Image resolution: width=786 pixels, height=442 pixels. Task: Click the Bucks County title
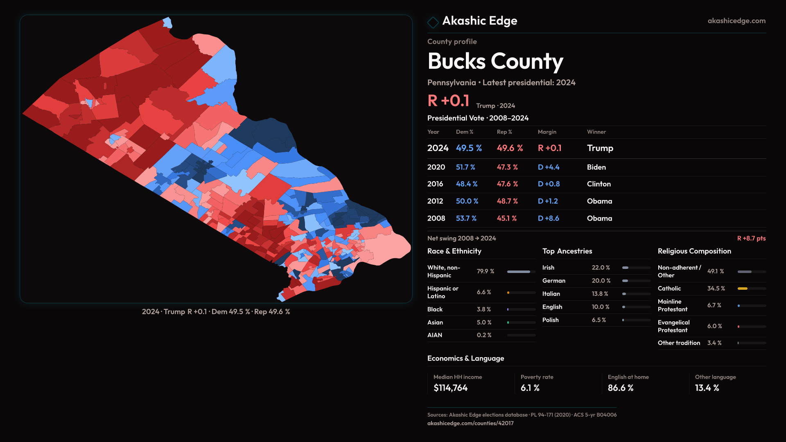pos(495,61)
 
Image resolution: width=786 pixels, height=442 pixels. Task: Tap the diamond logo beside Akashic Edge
pos(433,22)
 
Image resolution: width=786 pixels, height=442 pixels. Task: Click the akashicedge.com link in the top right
pos(736,21)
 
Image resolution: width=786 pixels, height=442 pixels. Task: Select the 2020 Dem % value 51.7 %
pos(465,167)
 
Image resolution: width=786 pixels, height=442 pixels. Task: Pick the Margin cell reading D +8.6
pos(548,218)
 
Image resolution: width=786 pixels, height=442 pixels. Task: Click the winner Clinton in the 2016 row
pos(599,184)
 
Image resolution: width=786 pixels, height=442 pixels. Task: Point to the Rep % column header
pos(504,132)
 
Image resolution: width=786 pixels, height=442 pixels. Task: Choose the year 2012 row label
pos(435,201)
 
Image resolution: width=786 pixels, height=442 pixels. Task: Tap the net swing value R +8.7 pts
pos(751,238)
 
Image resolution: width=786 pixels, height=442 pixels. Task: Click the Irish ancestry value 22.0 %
pos(601,267)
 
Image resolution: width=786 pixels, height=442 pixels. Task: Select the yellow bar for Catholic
pos(743,289)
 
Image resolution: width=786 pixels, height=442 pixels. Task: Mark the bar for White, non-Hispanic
pos(519,271)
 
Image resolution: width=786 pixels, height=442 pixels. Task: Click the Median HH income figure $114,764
pos(450,388)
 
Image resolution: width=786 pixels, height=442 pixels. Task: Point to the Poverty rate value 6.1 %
pos(530,388)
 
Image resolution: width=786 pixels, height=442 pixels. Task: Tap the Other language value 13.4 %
pos(707,388)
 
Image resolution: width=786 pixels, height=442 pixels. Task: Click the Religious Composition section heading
pos(694,251)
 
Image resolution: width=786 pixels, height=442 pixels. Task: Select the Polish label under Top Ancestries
pos(550,320)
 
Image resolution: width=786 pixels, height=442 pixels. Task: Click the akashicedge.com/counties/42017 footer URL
pos(470,423)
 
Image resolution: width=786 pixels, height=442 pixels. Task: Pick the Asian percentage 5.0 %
pos(484,322)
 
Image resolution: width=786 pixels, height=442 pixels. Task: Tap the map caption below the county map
pos(216,311)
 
